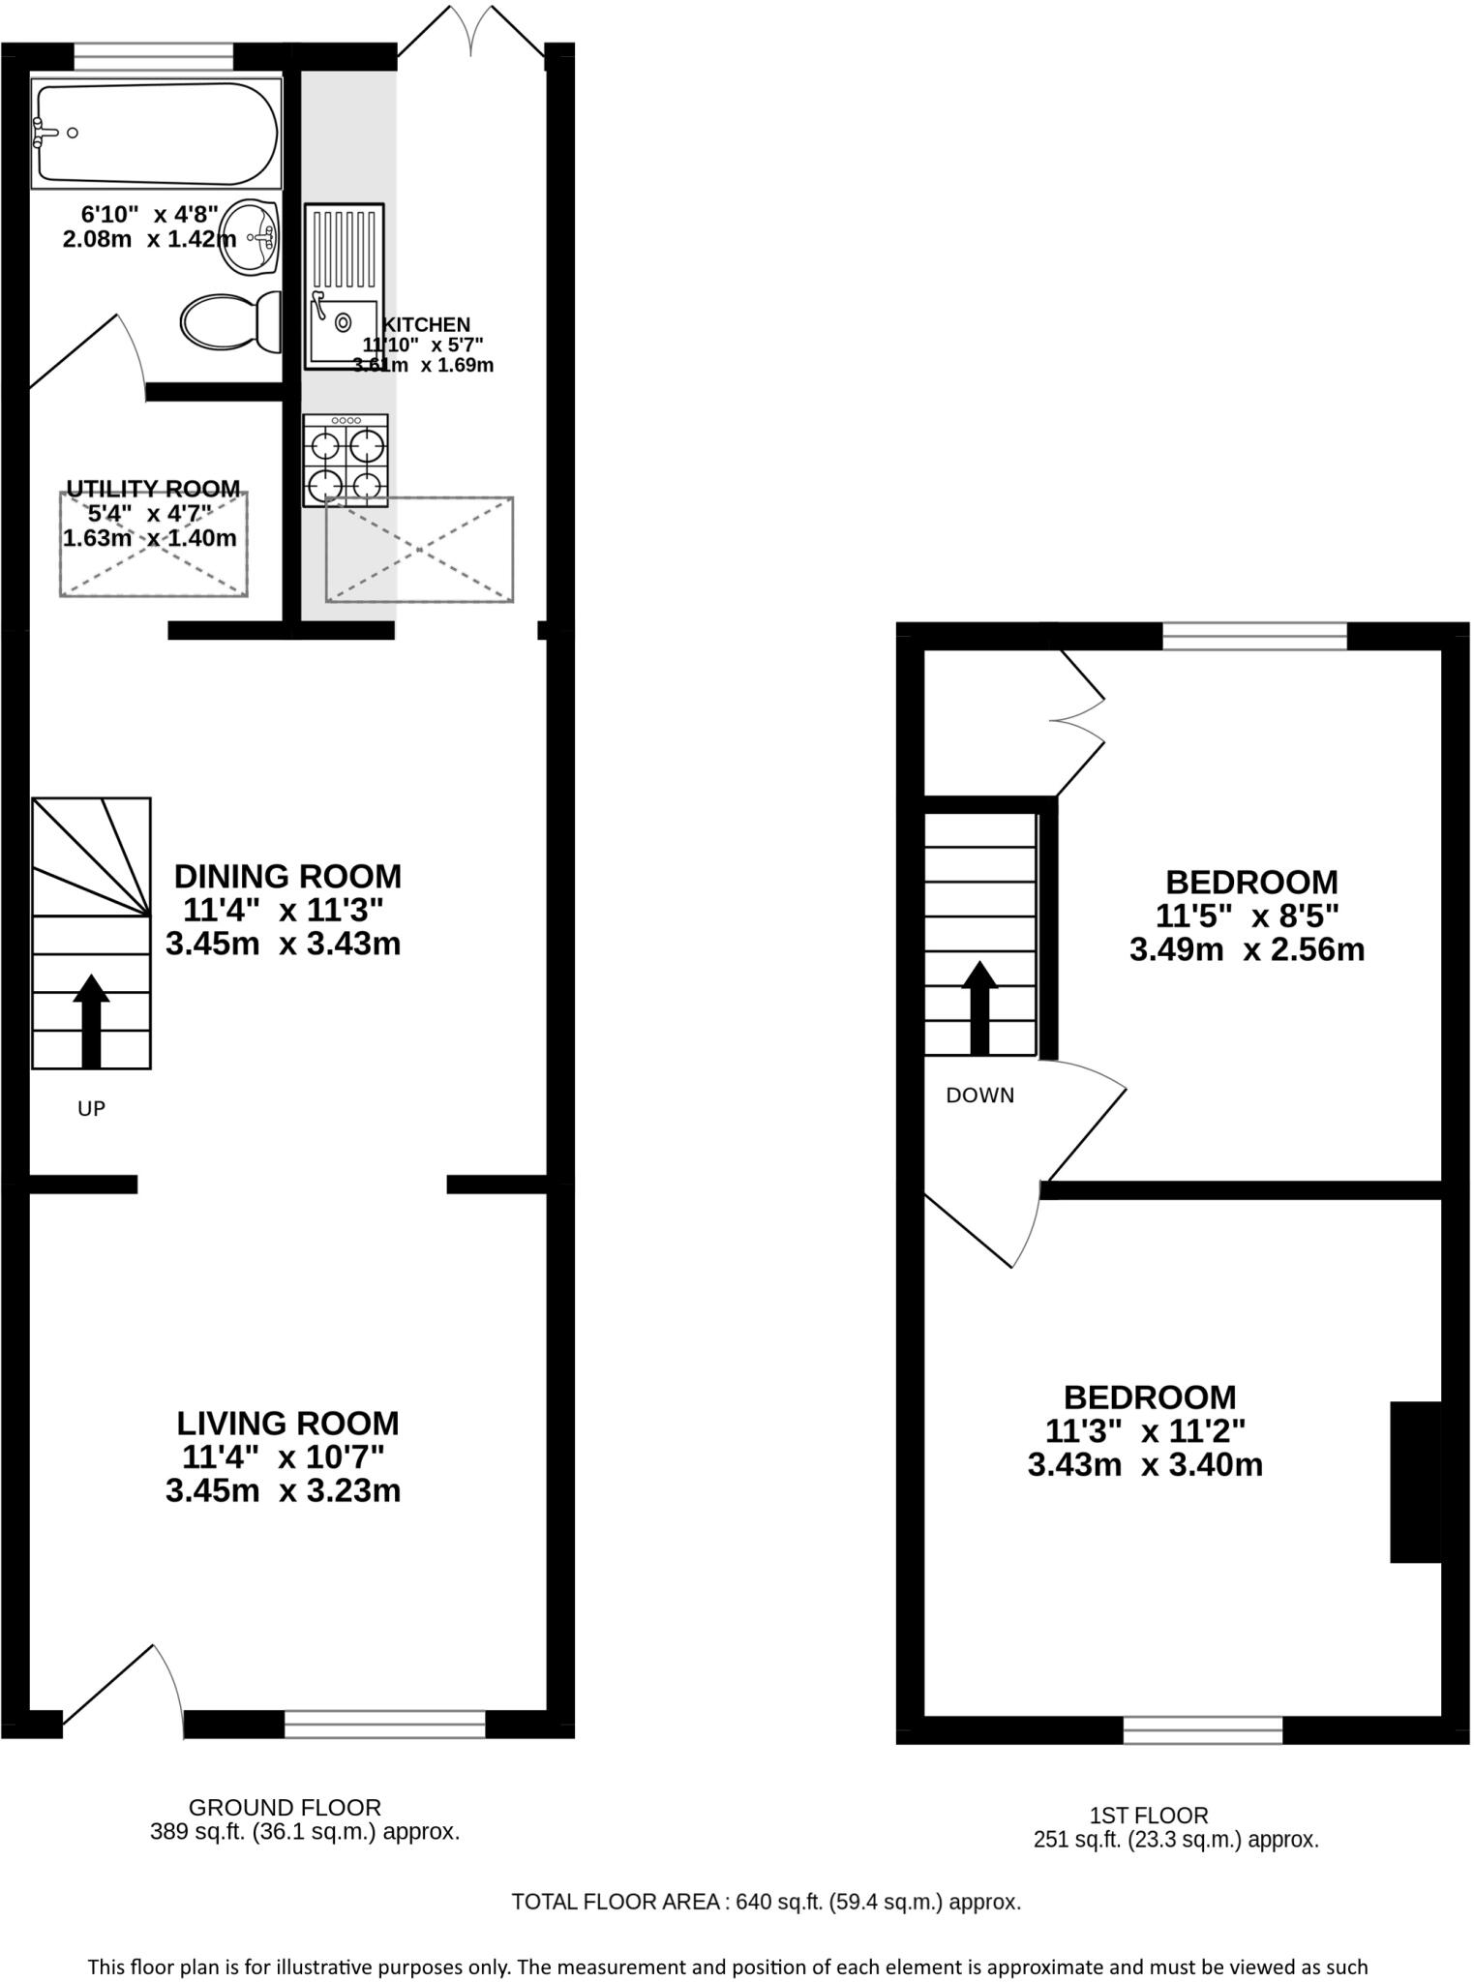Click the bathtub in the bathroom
157,134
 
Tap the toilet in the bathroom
230,321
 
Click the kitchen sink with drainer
344,285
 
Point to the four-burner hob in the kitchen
346,461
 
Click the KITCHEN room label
426,325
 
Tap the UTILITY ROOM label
153,489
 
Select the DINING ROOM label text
287,876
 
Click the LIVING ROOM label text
287,1423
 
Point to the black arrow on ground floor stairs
91,1020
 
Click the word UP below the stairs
91,1109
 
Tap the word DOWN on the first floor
979,1096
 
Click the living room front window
384,1723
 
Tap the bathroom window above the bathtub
154,57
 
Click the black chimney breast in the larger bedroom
1415,1482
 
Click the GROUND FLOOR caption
285,1807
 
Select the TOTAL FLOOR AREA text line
766,1902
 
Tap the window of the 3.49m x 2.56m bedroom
1253,636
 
